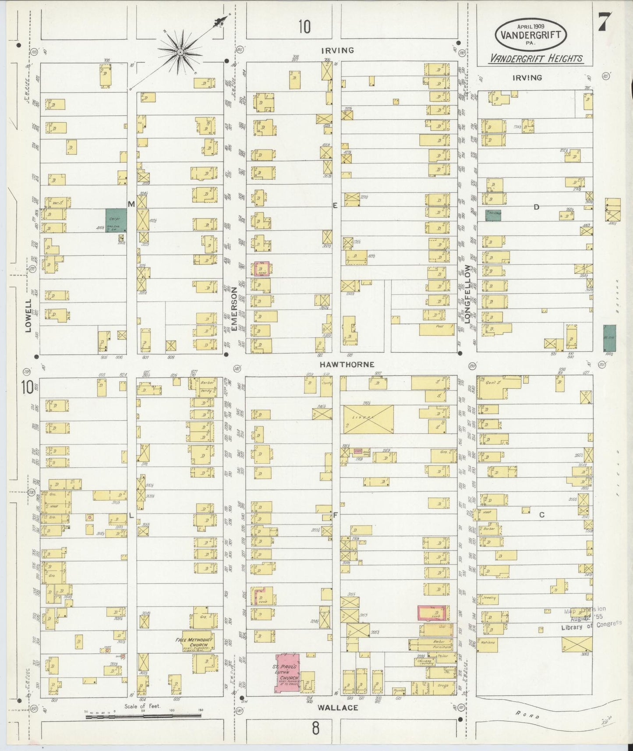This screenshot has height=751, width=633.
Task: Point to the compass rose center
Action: tap(180, 53)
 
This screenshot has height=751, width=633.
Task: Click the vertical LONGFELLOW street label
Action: tap(467, 294)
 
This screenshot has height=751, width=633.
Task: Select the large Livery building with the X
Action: tap(368, 419)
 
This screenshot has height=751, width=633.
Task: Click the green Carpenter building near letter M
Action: tap(116, 220)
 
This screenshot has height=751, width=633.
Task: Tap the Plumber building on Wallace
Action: tap(399, 690)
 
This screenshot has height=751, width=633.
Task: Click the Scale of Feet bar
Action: tap(143, 716)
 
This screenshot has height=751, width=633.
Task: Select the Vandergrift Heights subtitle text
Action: tap(536, 58)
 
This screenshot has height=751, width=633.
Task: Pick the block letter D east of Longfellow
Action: tap(536, 207)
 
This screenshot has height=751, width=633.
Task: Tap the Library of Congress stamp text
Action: tap(591, 626)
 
